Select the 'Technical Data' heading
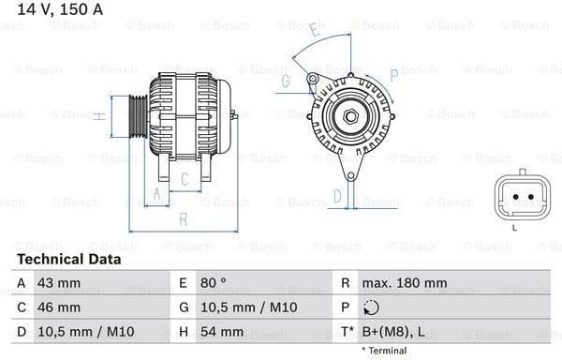[69, 259]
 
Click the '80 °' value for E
[213, 282]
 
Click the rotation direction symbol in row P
[372, 307]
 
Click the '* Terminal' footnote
[384, 351]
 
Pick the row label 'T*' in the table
[348, 331]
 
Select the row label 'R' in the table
[346, 282]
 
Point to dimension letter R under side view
[184, 219]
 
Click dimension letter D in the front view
[338, 196]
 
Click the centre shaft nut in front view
[349, 116]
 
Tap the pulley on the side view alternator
[138, 115]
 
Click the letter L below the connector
[514, 227]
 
